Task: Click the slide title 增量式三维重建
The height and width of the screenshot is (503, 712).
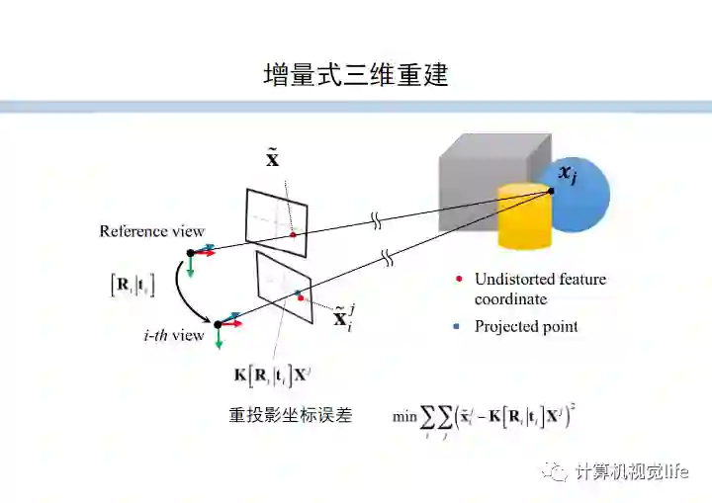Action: (355, 75)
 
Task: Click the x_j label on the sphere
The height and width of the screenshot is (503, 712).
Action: (568, 174)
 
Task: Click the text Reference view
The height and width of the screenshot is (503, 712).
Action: (151, 231)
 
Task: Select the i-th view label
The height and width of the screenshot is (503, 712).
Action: (172, 335)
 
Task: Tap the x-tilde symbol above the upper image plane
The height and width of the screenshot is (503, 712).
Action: (273, 158)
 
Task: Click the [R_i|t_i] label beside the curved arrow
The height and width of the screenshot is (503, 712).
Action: (132, 286)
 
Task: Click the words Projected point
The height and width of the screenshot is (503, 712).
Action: (526, 326)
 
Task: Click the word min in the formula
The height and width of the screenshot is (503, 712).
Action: (404, 416)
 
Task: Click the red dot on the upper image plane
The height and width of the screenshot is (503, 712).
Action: (293, 234)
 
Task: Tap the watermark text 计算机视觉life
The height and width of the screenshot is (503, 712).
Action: (631, 471)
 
